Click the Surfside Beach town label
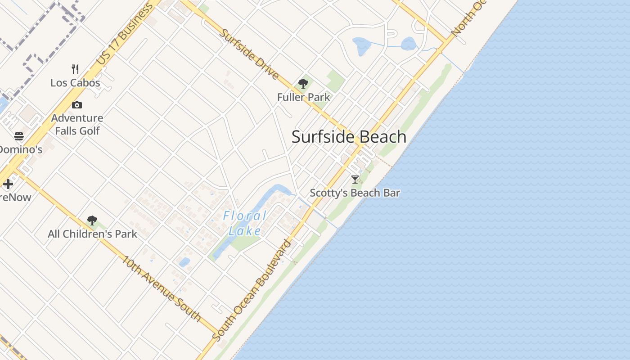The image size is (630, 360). [349, 137]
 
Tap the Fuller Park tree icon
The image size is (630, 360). [303, 83]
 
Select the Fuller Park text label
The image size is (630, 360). [303, 97]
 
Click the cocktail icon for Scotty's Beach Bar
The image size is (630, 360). [355, 179]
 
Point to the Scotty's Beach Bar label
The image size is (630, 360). [355, 193]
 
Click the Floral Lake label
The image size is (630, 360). [245, 224]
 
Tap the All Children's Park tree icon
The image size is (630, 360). [92, 220]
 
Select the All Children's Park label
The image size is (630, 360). [92, 234]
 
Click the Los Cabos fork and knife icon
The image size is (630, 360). [75, 69]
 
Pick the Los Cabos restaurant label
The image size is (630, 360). [75, 83]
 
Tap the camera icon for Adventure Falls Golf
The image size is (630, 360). [77, 105]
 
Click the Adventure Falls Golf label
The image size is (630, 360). [77, 124]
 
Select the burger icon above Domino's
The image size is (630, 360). [19, 136]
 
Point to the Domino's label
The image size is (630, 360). [20, 149]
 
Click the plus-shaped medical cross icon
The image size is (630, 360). [8, 184]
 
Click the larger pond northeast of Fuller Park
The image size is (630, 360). [361, 45]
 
